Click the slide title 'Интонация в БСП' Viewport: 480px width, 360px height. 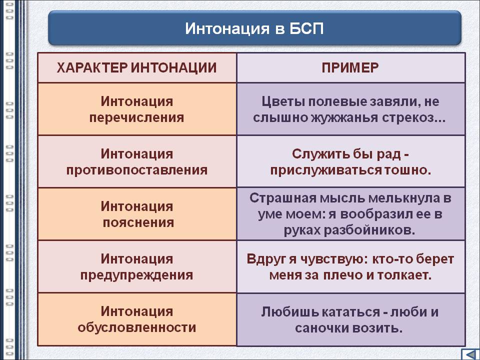[x=254, y=28]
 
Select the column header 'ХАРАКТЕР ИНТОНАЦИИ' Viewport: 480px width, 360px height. [x=136, y=67]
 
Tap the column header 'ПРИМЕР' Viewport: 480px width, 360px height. [x=350, y=67]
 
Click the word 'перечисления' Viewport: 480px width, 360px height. [x=136, y=118]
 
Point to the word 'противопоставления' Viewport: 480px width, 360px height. [x=136, y=170]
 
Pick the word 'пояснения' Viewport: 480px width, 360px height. [x=138, y=222]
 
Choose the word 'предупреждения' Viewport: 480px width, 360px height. [x=136, y=275]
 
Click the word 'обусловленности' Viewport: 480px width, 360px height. [x=136, y=327]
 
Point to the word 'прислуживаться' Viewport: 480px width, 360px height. [x=325, y=170]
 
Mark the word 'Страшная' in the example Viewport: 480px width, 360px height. [x=282, y=198]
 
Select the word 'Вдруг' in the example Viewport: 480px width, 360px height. [x=266, y=259]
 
